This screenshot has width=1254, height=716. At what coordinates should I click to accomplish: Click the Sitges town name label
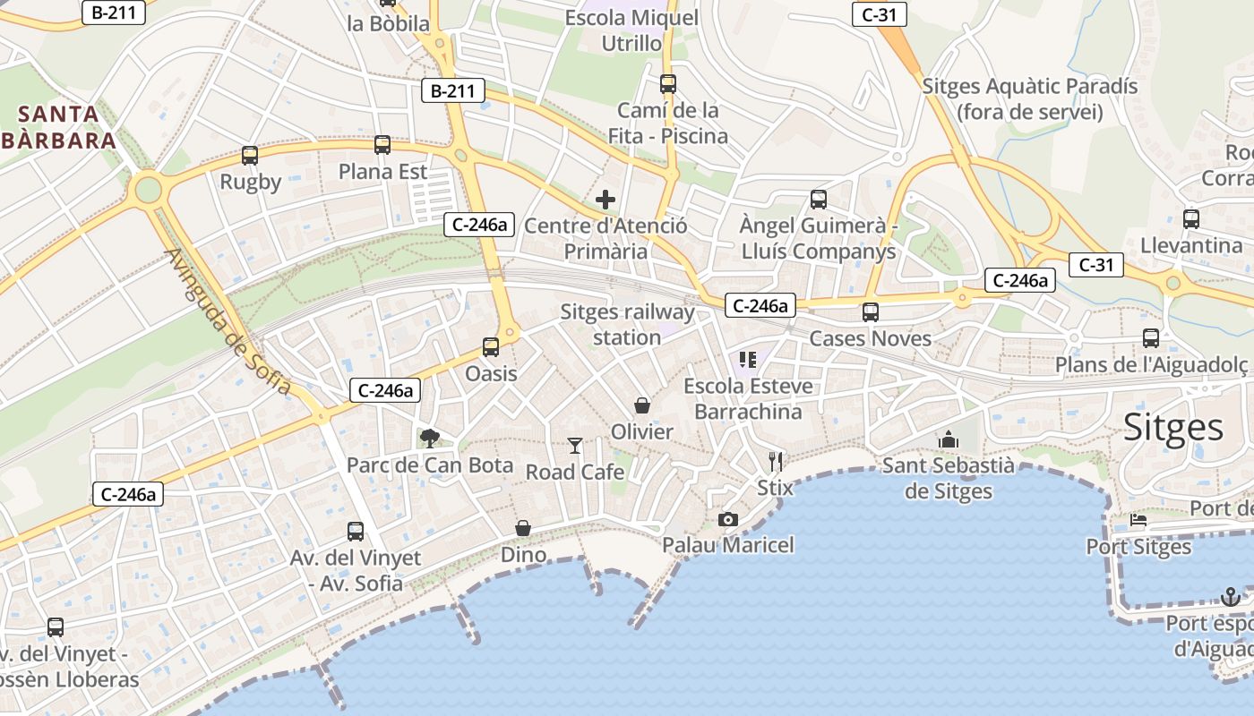pyautogui.click(x=1173, y=428)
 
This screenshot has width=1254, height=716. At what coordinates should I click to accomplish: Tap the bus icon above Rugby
pyautogui.click(x=250, y=155)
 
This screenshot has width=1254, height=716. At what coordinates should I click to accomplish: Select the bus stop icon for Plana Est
pyautogui.click(x=382, y=144)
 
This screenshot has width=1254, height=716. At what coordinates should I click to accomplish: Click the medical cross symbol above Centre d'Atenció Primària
pyautogui.click(x=606, y=200)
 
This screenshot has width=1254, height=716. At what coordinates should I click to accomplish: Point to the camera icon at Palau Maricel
pyautogui.click(x=728, y=519)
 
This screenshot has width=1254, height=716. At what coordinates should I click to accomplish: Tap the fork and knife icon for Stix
pyautogui.click(x=776, y=462)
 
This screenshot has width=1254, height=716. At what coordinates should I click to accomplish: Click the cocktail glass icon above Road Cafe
pyautogui.click(x=575, y=445)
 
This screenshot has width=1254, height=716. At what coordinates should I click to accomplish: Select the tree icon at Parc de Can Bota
pyautogui.click(x=430, y=438)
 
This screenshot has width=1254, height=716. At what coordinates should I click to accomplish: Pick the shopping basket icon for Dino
pyautogui.click(x=523, y=529)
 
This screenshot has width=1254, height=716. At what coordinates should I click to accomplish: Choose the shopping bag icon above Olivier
pyautogui.click(x=642, y=405)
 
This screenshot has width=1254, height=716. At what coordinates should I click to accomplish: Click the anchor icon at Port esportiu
pyautogui.click(x=1231, y=597)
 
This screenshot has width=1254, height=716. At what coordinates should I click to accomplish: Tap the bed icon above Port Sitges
pyautogui.click(x=1138, y=520)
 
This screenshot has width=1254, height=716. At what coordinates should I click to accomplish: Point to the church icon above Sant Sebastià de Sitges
pyautogui.click(x=949, y=439)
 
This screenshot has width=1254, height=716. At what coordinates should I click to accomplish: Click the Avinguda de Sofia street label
pyautogui.click(x=228, y=321)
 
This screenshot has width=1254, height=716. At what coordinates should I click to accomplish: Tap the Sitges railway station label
pyautogui.click(x=627, y=324)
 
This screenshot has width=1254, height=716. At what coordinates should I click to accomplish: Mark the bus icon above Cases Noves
pyautogui.click(x=871, y=312)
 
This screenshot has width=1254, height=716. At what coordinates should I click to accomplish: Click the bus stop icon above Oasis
pyautogui.click(x=491, y=346)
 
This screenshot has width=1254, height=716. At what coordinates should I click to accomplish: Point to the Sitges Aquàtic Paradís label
pyautogui.click(x=1030, y=98)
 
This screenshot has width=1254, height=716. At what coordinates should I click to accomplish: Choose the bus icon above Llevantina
pyautogui.click(x=1191, y=218)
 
